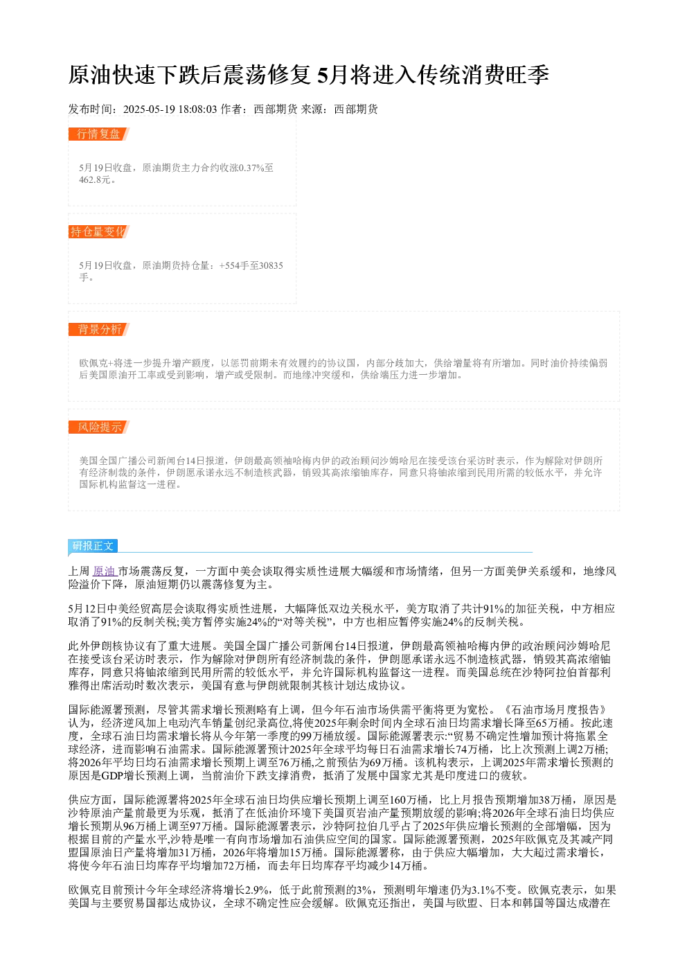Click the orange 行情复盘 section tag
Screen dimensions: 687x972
(x=98, y=134)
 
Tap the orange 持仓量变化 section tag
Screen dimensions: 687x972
(x=98, y=231)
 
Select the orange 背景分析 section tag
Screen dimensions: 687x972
(x=98, y=329)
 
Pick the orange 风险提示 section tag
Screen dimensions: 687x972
(x=98, y=427)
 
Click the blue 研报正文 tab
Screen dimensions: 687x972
(x=93, y=546)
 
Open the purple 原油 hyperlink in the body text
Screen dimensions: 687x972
(x=104, y=572)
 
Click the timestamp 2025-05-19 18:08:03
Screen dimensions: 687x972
(x=170, y=109)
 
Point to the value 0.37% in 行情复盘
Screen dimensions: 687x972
(x=251, y=168)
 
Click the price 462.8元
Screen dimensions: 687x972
(x=95, y=179)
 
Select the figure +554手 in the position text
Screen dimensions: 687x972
(x=233, y=265)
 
